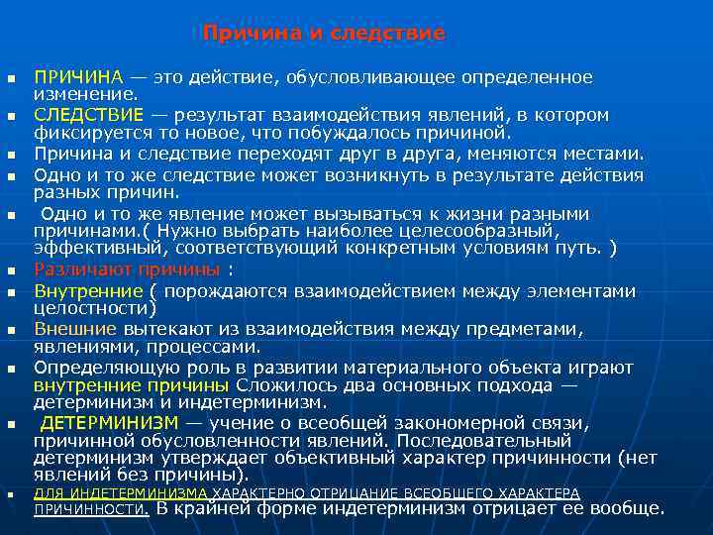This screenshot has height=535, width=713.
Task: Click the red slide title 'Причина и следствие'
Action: [324, 34]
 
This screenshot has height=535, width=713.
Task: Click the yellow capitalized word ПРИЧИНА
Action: [78, 77]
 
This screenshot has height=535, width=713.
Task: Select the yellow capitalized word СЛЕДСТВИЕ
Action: [88, 116]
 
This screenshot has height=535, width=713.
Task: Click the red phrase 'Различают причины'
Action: [127, 269]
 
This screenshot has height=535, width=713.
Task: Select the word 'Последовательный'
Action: [482, 440]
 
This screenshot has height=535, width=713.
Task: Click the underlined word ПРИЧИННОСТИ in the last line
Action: [91, 509]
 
